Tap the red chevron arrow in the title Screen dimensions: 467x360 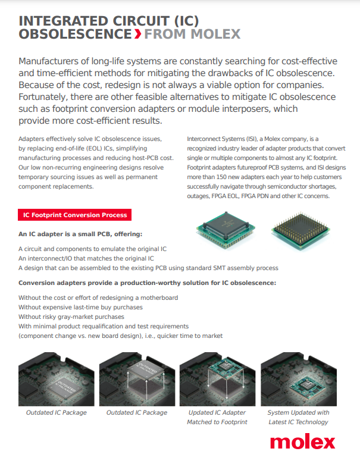[x=138, y=34]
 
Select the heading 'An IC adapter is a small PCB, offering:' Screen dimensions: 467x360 [x=80, y=234]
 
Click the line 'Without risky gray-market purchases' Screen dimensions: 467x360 [x=71, y=316]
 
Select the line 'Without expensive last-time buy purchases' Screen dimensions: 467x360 [x=80, y=307]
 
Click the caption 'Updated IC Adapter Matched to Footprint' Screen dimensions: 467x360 [x=217, y=417]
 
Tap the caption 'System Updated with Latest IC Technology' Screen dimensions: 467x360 [x=298, y=417]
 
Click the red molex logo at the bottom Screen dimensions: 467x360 [x=302, y=442]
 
